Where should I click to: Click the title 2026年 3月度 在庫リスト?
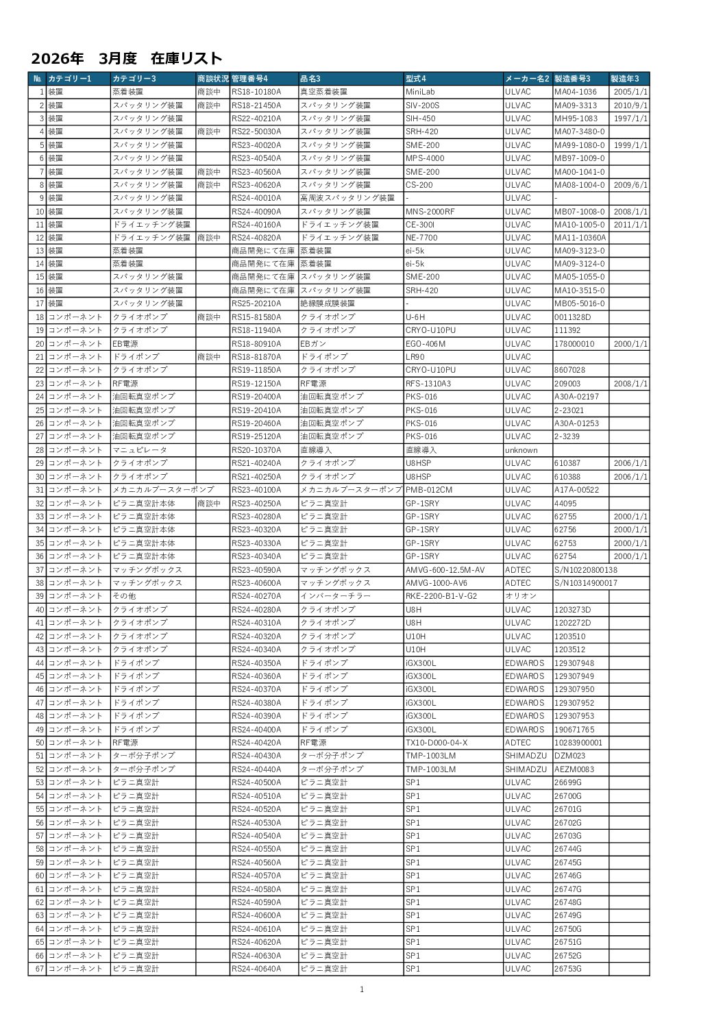[x=127, y=58]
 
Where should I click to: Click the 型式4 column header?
[x=416, y=78]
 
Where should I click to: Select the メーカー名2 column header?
[x=527, y=78]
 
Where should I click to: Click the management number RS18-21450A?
[x=256, y=106]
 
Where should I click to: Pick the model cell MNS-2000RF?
[x=430, y=212]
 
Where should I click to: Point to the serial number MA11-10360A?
[x=580, y=238]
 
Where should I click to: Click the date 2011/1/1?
[x=631, y=225]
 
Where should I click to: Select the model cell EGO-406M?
[x=426, y=344]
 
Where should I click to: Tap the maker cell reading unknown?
[x=521, y=450]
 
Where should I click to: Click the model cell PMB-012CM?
[x=429, y=490]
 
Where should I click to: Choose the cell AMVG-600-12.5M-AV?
[x=445, y=570]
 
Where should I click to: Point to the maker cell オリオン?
[x=520, y=596]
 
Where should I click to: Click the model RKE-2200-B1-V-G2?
[x=441, y=596]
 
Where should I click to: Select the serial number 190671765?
[x=574, y=729]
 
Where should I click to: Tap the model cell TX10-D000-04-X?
[x=437, y=743]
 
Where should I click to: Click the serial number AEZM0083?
[x=574, y=769]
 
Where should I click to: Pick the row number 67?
[x=40, y=969]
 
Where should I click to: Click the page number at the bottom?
[x=362, y=989]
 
